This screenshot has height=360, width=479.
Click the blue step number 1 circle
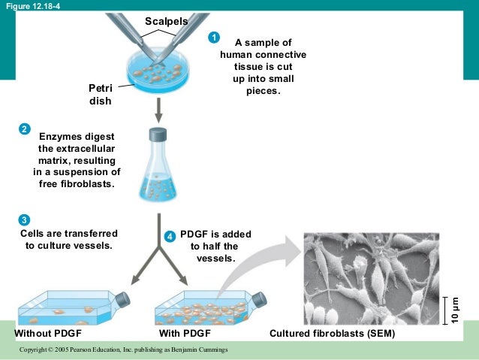point(214,38)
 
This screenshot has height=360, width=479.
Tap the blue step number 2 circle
point(25,129)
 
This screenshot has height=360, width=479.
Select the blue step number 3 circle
point(24,219)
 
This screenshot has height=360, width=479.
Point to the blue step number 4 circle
point(170,237)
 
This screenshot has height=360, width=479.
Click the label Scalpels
point(167,21)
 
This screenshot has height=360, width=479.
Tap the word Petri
point(101,88)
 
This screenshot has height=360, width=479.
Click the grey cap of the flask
point(158,135)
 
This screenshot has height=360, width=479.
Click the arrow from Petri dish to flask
point(158,110)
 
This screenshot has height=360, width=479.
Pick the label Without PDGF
point(48,333)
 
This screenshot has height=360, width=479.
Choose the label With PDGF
point(185,333)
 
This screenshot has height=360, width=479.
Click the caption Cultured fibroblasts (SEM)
point(332,333)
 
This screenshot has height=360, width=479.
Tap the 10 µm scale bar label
point(455,310)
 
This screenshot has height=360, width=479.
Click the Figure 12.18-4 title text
point(33,6)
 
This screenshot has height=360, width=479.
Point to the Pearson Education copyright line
point(123,349)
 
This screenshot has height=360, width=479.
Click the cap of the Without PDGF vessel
point(122,299)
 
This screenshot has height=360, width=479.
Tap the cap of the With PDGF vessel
point(259,299)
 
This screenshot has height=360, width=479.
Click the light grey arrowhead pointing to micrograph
point(294,252)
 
